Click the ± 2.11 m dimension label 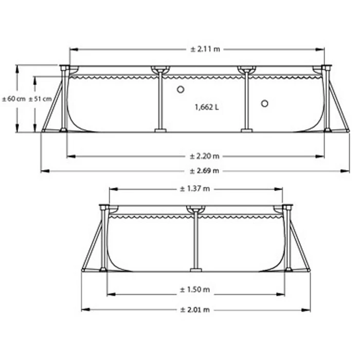205,49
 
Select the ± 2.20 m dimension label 204,156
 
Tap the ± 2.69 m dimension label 204,171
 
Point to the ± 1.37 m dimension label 195,189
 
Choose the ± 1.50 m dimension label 195,290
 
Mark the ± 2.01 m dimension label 195,310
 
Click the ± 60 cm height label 14,99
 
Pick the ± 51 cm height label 40,99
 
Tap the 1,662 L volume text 207,107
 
